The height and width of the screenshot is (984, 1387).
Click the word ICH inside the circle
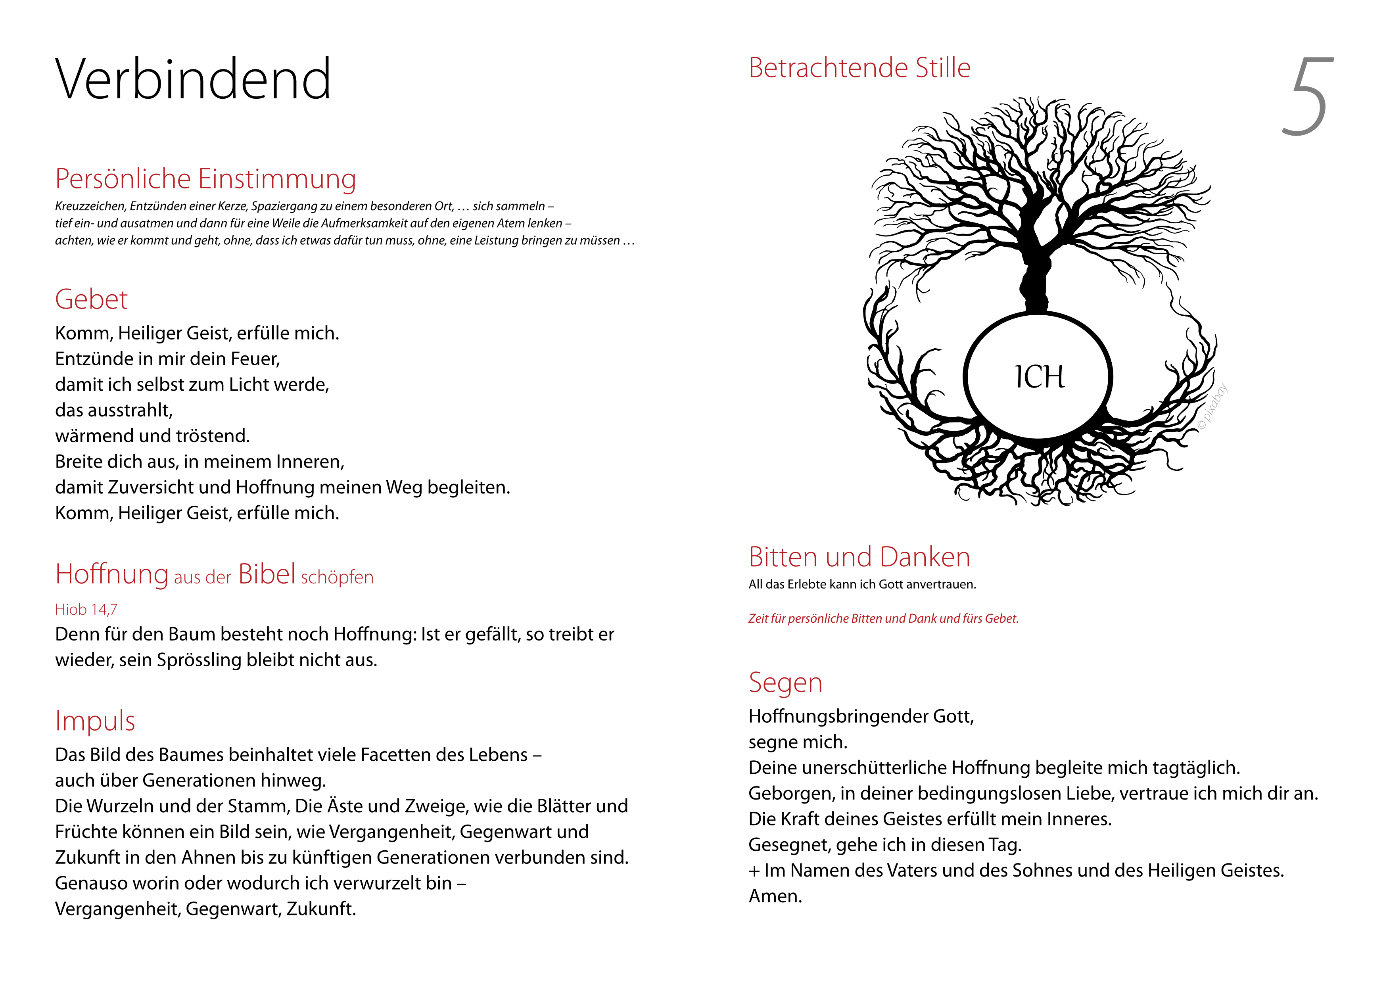coord(1039,377)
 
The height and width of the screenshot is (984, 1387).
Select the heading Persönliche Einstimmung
coord(205,179)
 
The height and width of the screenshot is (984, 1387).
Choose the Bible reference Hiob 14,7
coord(86,610)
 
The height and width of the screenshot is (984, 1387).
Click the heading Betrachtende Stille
coord(859,68)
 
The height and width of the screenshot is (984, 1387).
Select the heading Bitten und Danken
coord(859,557)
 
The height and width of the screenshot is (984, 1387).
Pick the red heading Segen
coord(785,683)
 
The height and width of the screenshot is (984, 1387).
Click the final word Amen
coord(775,896)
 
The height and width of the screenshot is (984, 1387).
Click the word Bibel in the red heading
coord(267,574)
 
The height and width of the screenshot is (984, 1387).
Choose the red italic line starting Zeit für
coord(883,619)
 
